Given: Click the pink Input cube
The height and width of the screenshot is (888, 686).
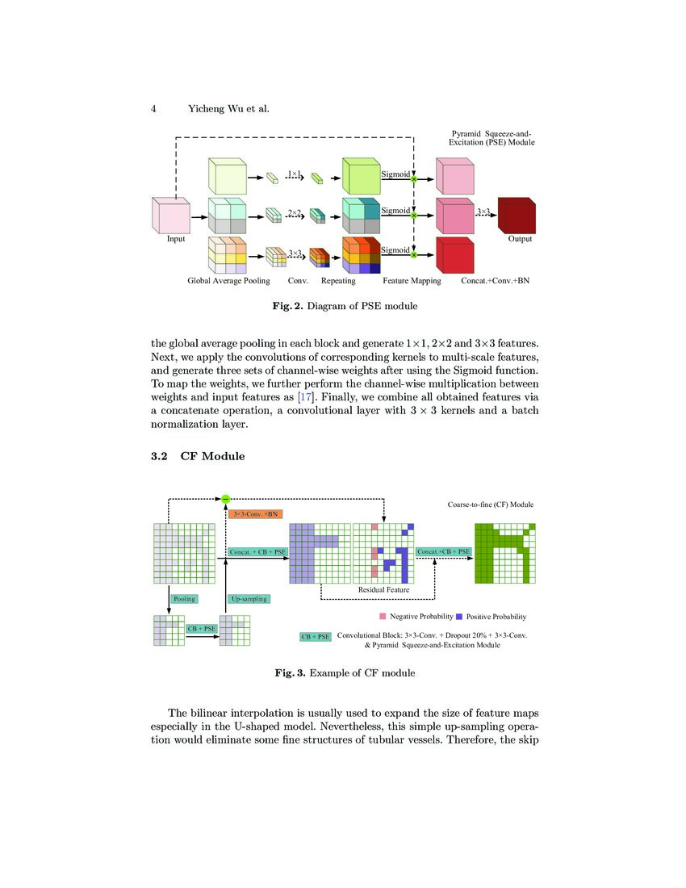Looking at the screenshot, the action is (170, 216).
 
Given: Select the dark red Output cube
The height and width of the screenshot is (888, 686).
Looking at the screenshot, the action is (517, 216).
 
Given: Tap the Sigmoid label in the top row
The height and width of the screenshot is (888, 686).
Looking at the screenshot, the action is (395, 174).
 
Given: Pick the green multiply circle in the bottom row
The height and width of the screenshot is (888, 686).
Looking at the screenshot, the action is (413, 254).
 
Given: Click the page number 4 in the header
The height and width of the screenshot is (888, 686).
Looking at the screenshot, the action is (153, 108).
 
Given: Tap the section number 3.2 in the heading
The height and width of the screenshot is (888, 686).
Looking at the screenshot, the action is (159, 456).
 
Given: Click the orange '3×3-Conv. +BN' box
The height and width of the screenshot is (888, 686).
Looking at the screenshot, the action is (256, 513).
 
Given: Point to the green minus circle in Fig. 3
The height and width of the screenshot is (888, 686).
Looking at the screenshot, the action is (226, 498).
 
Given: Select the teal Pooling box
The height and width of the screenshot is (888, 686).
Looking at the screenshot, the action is (184, 599).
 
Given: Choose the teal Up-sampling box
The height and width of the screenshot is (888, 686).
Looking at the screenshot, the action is (249, 599).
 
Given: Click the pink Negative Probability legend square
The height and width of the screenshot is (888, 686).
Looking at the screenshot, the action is (372, 616).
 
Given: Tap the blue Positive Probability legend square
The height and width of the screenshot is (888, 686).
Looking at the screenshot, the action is (458, 616).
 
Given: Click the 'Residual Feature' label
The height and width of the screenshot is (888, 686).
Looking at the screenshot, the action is (383, 590).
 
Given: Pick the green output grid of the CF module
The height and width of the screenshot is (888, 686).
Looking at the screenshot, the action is (504, 553).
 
